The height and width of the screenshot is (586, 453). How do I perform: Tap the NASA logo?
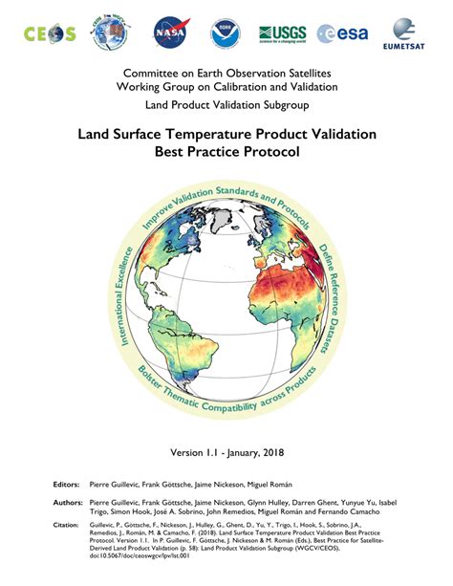click(163, 33)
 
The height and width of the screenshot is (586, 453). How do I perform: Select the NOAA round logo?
click(226, 33)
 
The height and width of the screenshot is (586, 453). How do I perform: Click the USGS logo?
click(282, 34)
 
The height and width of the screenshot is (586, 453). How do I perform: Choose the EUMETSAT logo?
click(408, 35)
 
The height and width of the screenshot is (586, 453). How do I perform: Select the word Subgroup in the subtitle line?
click(283, 106)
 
